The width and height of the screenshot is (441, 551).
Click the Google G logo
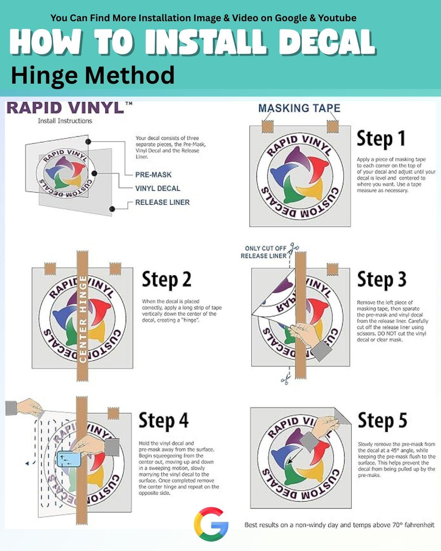(211, 524)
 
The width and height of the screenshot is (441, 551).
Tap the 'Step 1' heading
(381, 138)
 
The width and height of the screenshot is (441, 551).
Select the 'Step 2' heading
(167, 280)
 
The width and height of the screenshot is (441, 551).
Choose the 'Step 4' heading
(163, 420)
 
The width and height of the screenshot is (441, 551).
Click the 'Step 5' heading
(382, 420)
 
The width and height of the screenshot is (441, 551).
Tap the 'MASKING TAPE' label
(299, 108)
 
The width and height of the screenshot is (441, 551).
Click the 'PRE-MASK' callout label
(153, 175)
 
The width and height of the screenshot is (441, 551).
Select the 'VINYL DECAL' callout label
(158, 189)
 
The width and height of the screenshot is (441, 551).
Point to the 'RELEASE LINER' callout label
(163, 202)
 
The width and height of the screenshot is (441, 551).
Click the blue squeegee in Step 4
(69, 459)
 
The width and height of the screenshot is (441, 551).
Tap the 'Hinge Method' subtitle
(93, 75)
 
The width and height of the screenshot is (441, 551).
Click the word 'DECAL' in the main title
(327, 42)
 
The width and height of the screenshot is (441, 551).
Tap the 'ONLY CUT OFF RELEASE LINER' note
(263, 252)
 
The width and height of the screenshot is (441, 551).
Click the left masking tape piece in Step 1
(267, 126)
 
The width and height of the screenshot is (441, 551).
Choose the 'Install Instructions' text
(65, 121)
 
